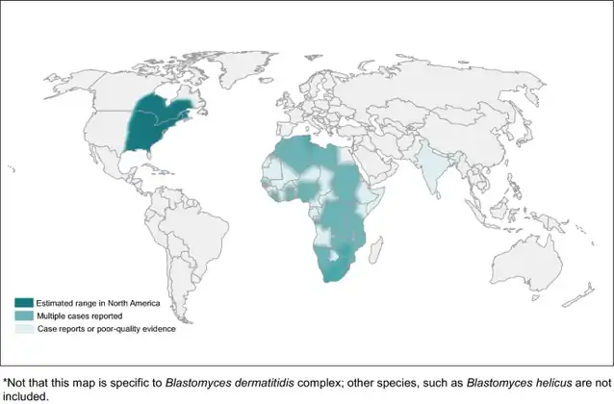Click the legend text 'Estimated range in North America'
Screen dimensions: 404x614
pyautogui.click(x=82, y=304)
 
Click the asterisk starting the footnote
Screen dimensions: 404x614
pyautogui.click(x=4, y=381)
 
